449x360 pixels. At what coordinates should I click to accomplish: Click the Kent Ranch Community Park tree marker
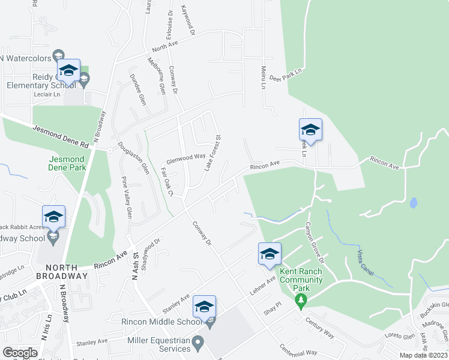302,299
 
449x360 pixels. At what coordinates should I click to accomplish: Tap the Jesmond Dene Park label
66,163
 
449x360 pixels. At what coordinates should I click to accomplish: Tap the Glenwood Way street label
186,158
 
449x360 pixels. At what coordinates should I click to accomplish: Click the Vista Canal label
366,260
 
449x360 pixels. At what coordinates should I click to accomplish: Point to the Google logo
20,353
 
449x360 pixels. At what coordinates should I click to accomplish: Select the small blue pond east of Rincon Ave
413,203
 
